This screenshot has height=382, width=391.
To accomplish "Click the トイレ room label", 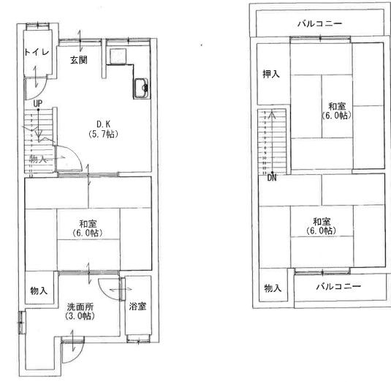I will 37,52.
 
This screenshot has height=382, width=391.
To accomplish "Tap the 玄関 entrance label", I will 79,59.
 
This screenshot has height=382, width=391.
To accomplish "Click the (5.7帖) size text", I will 102,134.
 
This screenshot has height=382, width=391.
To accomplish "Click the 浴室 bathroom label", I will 137,306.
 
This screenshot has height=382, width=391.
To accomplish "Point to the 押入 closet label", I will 272,74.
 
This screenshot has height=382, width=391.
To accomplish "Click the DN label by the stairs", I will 272,177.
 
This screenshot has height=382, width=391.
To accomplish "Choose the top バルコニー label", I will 319,24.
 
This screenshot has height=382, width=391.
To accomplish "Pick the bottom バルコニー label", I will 338,285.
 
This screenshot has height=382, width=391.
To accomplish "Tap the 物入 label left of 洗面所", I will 39,291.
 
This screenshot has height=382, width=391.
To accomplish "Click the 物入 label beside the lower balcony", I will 273,288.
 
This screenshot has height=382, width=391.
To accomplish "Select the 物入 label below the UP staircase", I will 38,159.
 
